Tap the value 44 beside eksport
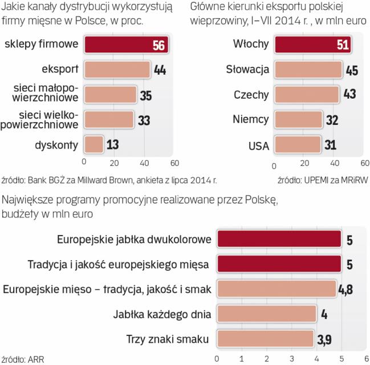tap(160, 71)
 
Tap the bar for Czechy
tap(307, 95)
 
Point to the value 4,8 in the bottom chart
tap(345, 290)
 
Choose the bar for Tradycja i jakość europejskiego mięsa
tap(279, 265)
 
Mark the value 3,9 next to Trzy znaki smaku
tap(326, 340)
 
